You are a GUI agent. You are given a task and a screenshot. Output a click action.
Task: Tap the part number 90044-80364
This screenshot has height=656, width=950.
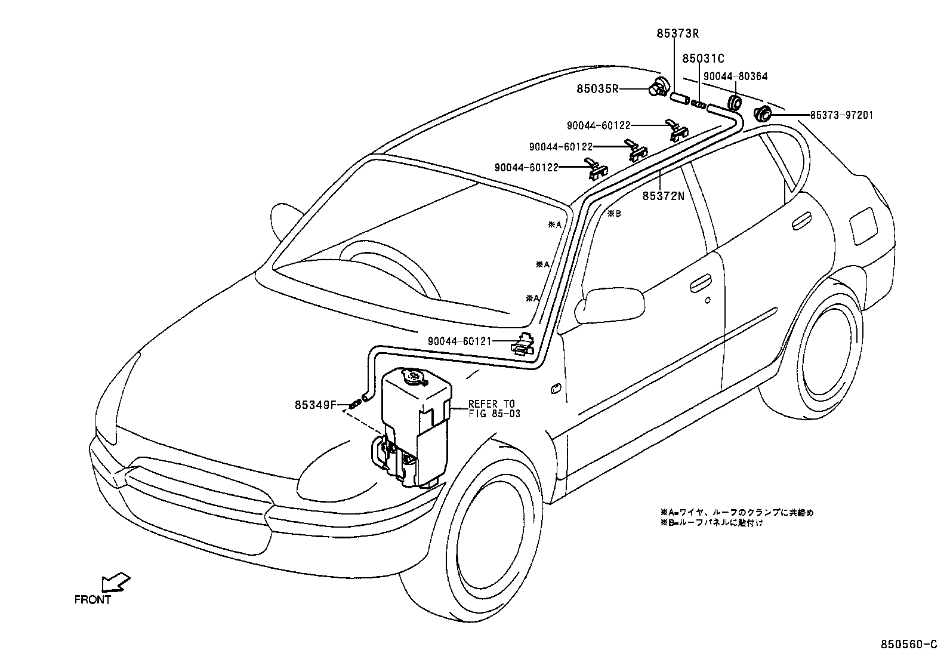coord(735,76)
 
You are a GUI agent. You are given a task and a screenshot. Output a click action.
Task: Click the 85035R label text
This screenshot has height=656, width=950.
coord(597,90)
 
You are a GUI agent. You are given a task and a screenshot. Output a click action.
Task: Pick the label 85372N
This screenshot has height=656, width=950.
coord(663,195)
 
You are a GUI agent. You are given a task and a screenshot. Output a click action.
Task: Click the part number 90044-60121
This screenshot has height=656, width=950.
coord(459,341)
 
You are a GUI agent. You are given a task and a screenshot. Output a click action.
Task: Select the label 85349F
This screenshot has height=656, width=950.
coord(316,405)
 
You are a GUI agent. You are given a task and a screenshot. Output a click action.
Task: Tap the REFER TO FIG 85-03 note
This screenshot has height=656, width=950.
coord(493,408)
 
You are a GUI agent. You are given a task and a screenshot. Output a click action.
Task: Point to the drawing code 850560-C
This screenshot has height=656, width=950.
coord(912,645)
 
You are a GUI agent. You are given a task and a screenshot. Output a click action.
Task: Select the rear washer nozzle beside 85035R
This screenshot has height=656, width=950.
coord(658,89)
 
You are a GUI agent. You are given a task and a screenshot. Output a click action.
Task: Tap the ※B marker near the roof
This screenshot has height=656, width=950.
coord(614,214)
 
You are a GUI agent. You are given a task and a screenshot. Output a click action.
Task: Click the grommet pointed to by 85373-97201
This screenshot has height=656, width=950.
coord(763,113)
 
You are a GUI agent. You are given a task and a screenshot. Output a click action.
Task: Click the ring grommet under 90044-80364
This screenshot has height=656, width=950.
coord(735,101)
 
